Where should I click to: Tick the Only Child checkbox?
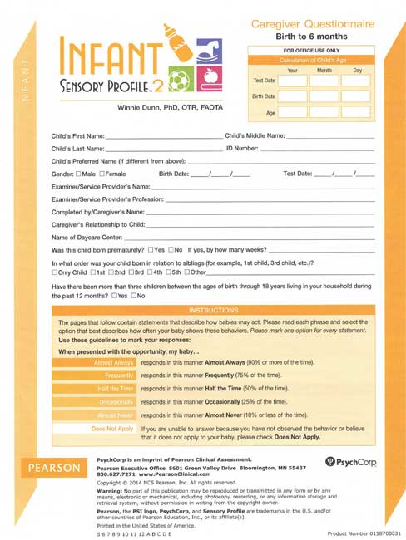click(54, 272)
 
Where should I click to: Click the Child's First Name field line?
click(165, 135)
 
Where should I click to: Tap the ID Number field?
click(316, 148)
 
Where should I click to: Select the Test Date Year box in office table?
click(292, 81)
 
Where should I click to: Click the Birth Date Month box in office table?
click(324, 96)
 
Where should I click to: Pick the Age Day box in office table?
click(356, 111)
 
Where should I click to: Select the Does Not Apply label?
click(113, 430)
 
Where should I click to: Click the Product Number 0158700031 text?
click(363, 532)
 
